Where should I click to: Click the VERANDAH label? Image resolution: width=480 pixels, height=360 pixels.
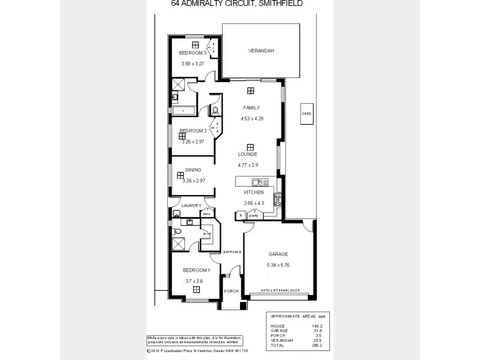(x=261, y=51)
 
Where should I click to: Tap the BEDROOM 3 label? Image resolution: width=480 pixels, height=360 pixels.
(x=193, y=53)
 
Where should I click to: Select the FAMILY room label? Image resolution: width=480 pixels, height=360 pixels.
(x=251, y=107)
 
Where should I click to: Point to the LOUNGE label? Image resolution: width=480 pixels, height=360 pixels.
(x=248, y=154)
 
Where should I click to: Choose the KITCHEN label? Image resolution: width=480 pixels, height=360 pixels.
(x=254, y=193)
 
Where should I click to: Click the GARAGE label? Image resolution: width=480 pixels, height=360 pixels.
(x=278, y=254)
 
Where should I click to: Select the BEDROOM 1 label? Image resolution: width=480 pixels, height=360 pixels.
(x=196, y=270)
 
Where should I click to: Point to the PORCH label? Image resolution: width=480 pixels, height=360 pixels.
(x=231, y=291)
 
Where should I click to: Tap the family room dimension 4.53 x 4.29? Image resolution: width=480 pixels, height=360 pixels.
(x=252, y=118)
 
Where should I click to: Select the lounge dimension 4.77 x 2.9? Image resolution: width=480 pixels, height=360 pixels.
(x=248, y=164)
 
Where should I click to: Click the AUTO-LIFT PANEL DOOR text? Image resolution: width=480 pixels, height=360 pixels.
(x=279, y=290)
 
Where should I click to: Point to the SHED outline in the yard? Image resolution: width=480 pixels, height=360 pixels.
(x=307, y=112)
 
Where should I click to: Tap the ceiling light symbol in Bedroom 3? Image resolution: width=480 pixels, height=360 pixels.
(x=195, y=44)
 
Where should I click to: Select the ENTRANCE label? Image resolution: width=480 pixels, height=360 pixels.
(x=232, y=251)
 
